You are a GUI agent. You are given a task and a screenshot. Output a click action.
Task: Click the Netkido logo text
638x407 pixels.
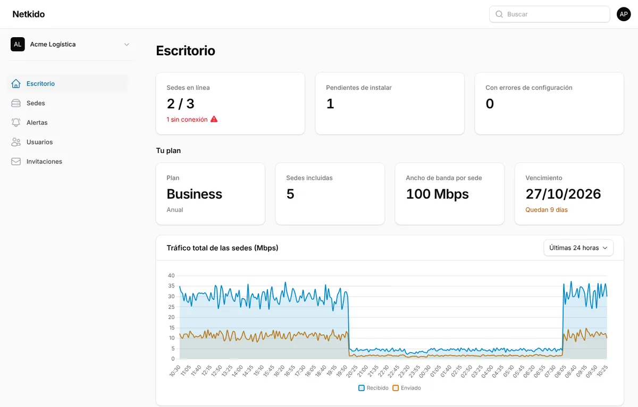[x=29, y=14]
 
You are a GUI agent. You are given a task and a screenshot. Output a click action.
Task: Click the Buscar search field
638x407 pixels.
[x=549, y=14]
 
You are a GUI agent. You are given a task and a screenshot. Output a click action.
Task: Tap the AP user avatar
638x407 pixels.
[x=624, y=14]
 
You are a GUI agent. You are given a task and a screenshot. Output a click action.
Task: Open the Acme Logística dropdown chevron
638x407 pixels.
[x=127, y=45]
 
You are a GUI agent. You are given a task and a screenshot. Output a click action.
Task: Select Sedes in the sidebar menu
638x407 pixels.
[x=36, y=103]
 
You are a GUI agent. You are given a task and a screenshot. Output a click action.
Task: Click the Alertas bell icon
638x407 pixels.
[x=16, y=122]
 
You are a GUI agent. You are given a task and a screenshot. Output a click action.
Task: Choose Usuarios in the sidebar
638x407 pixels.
[x=39, y=142]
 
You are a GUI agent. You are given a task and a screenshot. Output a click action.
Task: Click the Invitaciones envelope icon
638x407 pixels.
[x=16, y=162]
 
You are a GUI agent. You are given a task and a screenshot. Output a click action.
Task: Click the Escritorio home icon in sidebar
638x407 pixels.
[x=16, y=83]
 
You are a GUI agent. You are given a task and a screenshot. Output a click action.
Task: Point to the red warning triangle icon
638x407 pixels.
[x=214, y=119]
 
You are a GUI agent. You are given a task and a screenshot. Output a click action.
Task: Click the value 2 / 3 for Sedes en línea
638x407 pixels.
[x=181, y=104]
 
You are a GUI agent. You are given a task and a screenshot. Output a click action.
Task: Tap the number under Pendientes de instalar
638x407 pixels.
[x=330, y=104]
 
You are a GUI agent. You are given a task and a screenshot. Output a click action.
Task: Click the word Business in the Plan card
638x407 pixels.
[x=194, y=194]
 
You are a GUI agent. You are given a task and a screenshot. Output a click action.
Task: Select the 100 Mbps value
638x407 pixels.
[x=437, y=194]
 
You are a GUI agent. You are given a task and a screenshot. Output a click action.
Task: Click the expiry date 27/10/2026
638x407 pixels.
[x=563, y=194]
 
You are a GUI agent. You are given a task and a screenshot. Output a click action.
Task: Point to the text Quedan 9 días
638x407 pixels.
[x=547, y=210]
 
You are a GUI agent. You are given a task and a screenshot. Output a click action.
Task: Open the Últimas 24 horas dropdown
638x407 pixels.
[x=578, y=248]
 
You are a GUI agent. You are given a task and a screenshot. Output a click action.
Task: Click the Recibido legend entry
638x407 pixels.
[x=373, y=388]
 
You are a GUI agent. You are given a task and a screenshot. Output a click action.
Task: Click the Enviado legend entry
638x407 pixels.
[x=407, y=388]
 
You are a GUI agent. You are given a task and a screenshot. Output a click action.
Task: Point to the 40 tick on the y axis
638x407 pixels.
[x=171, y=276]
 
